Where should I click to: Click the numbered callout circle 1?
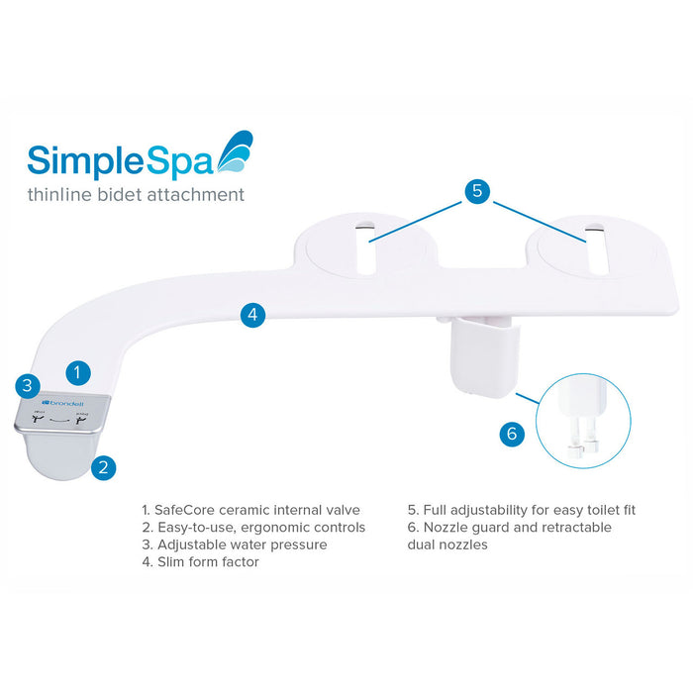(79, 372)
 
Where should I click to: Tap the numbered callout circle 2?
(104, 467)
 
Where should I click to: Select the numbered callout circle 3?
(28, 385)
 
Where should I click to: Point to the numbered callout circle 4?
(253, 315)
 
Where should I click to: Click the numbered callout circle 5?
(477, 191)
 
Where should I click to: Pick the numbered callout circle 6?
(511, 433)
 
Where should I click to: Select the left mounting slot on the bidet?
(367, 246)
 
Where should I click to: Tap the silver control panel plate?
(62, 413)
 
